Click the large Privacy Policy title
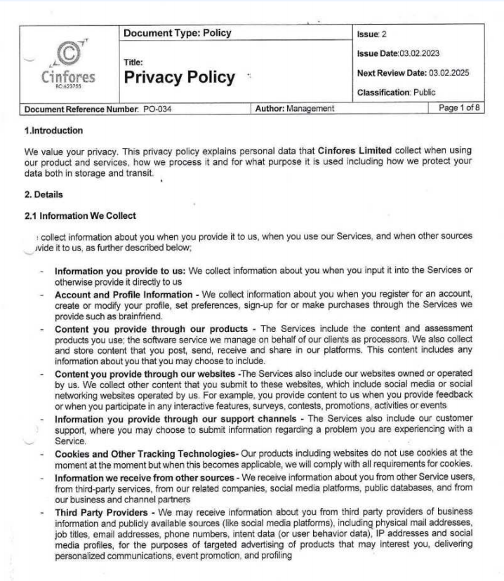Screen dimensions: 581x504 (179, 77)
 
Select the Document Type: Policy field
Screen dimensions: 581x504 (177, 33)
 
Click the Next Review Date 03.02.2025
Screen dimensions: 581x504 (411, 73)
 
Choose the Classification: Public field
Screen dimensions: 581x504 (395, 92)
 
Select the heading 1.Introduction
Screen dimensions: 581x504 (54, 131)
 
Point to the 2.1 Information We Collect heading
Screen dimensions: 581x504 (81, 215)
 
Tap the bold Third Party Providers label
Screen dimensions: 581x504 (99, 512)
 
